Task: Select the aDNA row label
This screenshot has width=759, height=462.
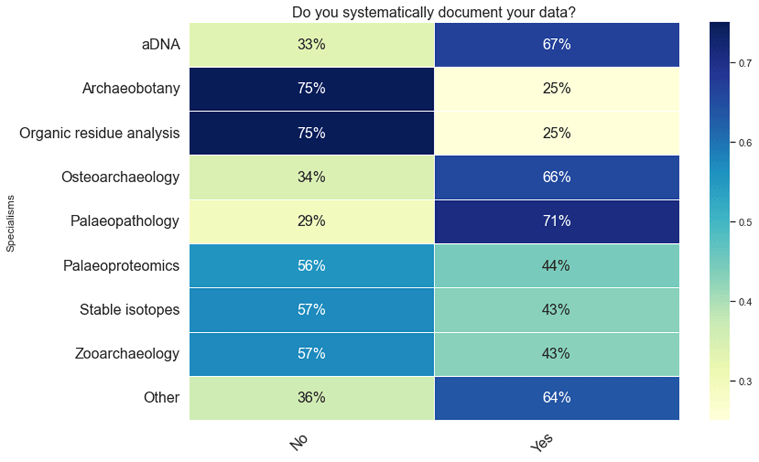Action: point(160,44)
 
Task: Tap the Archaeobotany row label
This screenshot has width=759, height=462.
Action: point(131,88)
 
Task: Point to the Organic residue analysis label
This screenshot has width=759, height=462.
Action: point(99,133)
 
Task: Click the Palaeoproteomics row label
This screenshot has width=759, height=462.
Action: point(121,265)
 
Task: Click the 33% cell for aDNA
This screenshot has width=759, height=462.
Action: point(311,44)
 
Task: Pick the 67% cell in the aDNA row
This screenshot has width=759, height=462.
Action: point(557,44)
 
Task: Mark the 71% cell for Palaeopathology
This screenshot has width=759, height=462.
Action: point(557,221)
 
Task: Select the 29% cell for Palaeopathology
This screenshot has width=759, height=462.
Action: point(311,221)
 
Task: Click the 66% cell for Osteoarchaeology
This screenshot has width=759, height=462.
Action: point(557,177)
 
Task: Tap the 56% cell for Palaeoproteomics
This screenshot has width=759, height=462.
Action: point(311,265)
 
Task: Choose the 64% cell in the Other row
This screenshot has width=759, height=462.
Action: point(557,398)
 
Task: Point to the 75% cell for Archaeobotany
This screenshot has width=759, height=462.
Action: point(311,88)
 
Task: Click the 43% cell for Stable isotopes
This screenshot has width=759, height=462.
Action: point(557,310)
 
